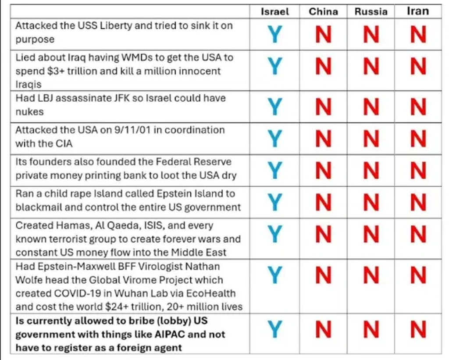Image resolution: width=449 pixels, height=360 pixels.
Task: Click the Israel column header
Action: (x=275, y=12)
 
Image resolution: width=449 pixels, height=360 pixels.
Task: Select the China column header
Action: (x=323, y=12)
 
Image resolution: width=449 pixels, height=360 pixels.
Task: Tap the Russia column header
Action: (x=371, y=12)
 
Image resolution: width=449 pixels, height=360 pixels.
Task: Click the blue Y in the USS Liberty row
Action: (x=275, y=34)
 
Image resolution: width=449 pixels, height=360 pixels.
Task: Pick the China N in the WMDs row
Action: (x=323, y=67)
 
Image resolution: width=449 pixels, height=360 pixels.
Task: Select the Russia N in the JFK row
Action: (x=371, y=107)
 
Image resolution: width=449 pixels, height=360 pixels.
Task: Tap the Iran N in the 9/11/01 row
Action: (x=418, y=139)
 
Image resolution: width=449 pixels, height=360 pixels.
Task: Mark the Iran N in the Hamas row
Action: (x=418, y=234)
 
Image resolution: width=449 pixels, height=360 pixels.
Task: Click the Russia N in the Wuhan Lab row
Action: (x=371, y=275)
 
